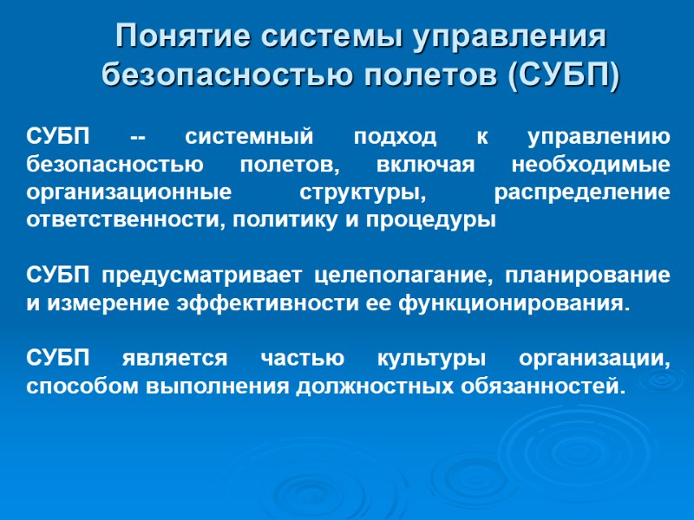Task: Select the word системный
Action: pos(248,137)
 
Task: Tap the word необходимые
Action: pos(591,165)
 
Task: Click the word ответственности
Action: pos(115,218)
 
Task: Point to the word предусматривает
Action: pos(202,276)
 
